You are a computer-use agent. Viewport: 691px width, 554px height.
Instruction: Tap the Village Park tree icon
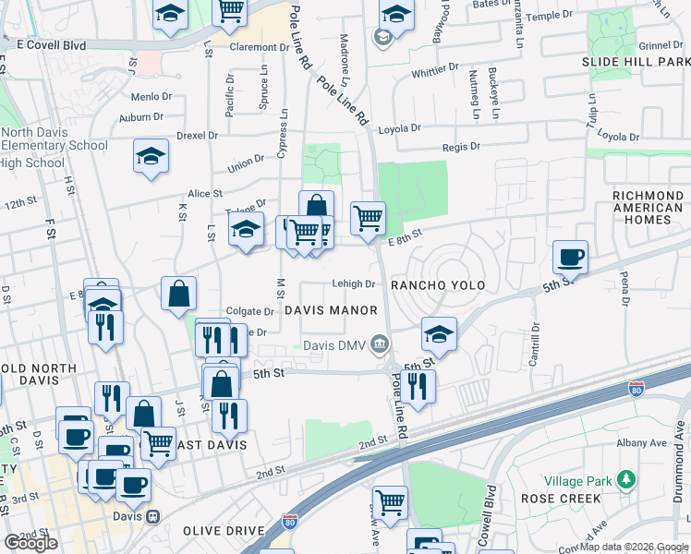627,479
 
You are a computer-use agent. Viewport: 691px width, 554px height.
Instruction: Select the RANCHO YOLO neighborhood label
438,285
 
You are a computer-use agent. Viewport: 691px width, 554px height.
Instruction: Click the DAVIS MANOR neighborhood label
331,310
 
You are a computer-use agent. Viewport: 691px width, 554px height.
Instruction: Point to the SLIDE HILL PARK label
636,61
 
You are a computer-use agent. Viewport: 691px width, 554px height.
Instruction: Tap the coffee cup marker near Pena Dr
570,257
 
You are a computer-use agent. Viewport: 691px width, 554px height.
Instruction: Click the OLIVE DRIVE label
224,531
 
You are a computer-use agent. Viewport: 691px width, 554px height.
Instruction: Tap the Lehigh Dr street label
354,284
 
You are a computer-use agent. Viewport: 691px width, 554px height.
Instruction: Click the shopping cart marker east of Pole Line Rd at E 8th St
368,218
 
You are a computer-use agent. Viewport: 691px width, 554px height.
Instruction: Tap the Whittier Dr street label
435,71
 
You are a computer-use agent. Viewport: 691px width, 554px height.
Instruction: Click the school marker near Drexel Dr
151,155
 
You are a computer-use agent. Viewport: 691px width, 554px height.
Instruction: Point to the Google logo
30,543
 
